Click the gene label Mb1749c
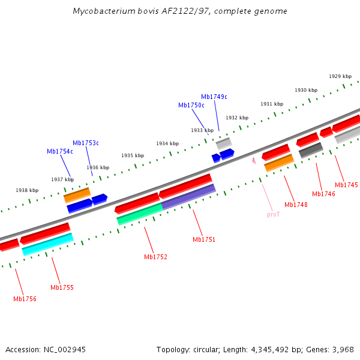(214, 97)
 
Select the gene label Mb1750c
(191, 105)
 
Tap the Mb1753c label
(85, 143)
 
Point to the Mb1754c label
(59, 151)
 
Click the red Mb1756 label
(25, 299)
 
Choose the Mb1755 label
(62, 287)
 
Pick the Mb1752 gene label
(155, 257)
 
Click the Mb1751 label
(203, 239)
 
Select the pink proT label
(273, 214)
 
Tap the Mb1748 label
(296, 205)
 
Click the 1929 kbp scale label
(340, 76)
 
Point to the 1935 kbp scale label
(133, 155)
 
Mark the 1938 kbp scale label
(27, 190)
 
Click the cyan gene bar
(48, 244)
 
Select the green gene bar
(139, 214)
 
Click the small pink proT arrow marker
(254, 161)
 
